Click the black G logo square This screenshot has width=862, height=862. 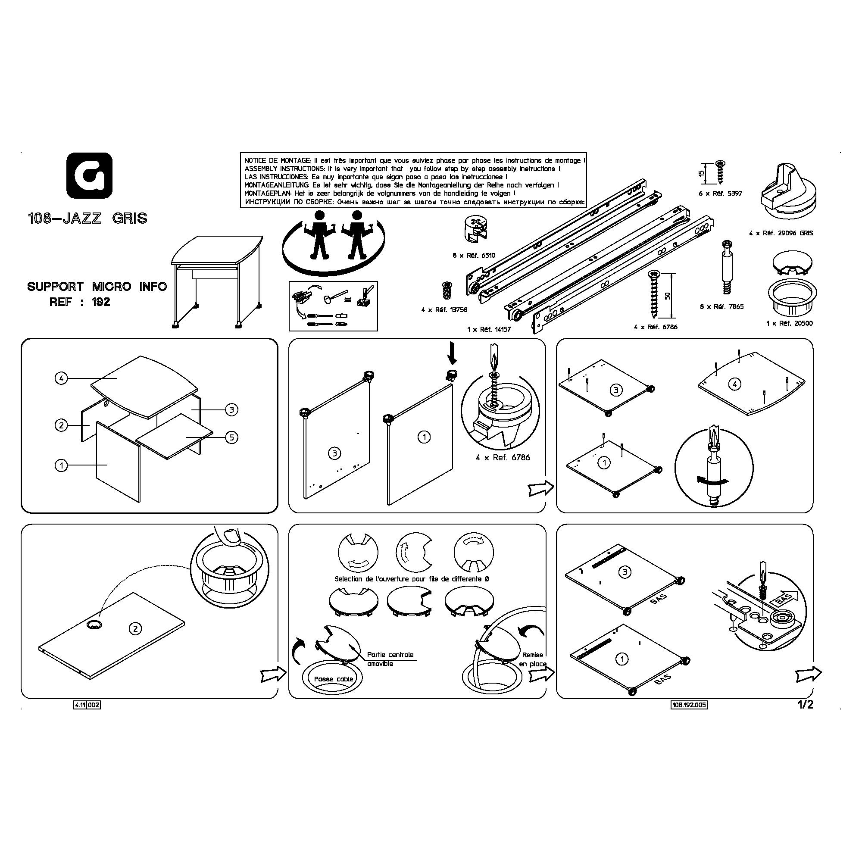89,175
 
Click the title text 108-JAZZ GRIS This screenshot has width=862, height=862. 88,219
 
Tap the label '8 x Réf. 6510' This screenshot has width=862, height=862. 473,256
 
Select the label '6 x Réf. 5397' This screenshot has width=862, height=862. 720,194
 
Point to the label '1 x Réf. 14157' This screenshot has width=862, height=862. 489,329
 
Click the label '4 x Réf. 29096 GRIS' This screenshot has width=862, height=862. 781,233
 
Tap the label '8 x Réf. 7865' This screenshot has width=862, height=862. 721,306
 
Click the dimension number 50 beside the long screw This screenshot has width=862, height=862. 668,296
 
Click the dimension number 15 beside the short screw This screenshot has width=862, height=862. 701,173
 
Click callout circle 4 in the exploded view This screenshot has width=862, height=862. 61,379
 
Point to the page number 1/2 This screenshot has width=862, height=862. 806,705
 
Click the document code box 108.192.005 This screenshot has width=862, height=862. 689,705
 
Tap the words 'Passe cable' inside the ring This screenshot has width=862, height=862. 333,679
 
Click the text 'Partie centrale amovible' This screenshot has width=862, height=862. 390,659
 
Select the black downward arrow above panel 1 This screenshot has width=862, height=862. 453,353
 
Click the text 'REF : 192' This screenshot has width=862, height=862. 80,302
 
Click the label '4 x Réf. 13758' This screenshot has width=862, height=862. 444,309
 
